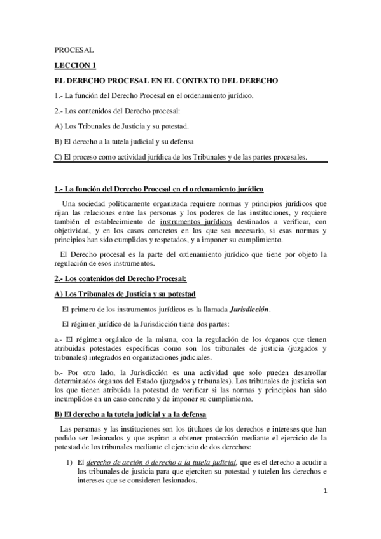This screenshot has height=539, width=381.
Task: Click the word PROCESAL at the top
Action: click(x=74, y=49)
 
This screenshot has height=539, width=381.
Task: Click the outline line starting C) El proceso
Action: click(x=181, y=157)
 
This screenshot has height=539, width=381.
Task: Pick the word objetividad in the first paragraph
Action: click(x=73, y=231)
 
